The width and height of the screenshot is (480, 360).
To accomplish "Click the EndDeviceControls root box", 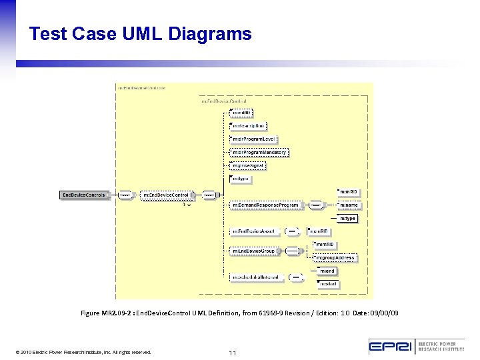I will click(83, 195).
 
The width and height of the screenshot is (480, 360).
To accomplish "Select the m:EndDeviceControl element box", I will click(166, 195).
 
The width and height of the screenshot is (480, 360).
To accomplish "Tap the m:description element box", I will click(248, 125).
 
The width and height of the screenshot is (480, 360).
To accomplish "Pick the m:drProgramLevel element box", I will click(253, 139).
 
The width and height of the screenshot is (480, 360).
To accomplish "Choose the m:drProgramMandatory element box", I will click(259, 152).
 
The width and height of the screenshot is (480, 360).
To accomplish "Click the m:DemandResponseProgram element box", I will click(265, 205).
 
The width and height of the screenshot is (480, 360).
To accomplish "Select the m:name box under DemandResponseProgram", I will click(348, 205).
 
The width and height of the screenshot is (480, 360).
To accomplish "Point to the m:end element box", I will click(327, 271).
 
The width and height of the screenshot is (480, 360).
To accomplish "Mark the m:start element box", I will click(328, 284).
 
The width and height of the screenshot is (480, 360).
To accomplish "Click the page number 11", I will click(233, 352).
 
